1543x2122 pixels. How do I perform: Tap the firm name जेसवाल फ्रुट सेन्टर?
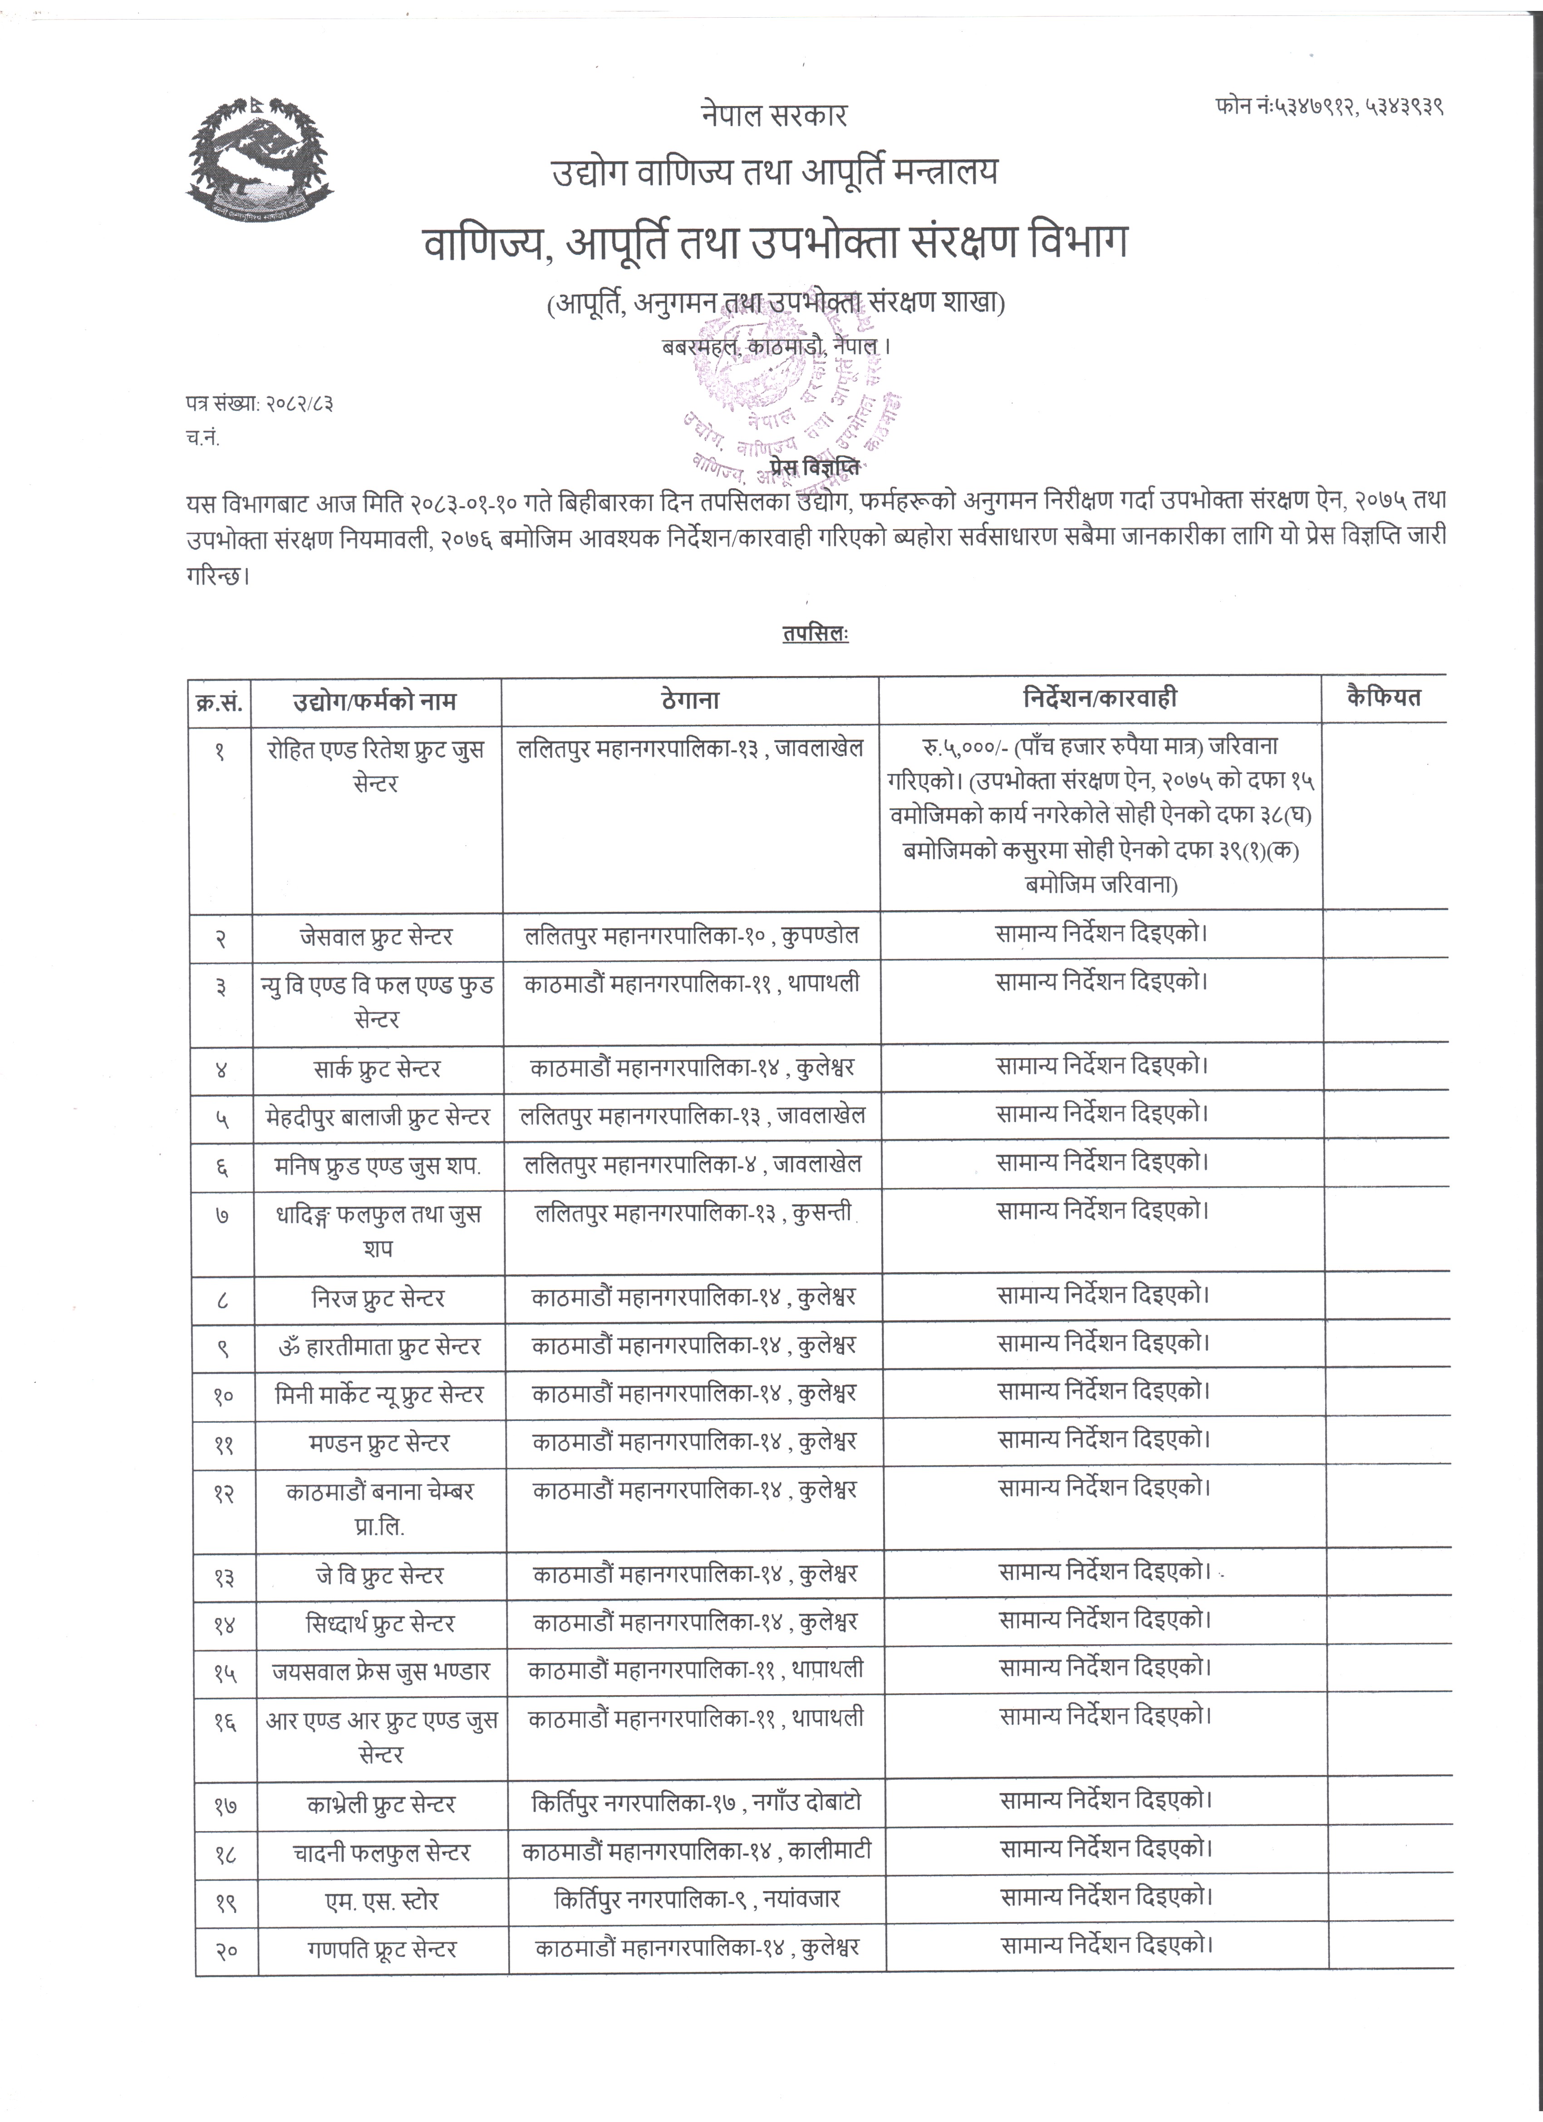[377, 936]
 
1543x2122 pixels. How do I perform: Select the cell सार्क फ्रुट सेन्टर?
[377, 1068]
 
